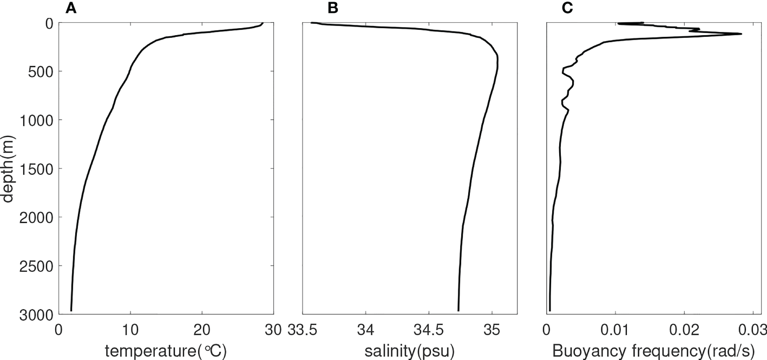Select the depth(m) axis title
pyautogui.click(x=8, y=168)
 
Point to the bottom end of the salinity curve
pyautogui.click(x=458, y=311)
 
